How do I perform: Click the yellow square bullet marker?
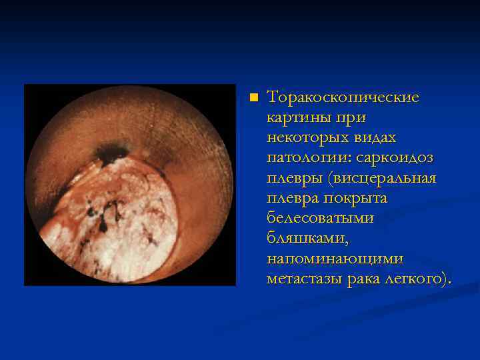click(x=253, y=98)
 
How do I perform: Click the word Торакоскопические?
click(x=343, y=97)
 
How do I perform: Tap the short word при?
click(x=351, y=117)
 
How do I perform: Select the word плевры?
click(x=293, y=179)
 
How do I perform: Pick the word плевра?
click(x=293, y=199)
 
